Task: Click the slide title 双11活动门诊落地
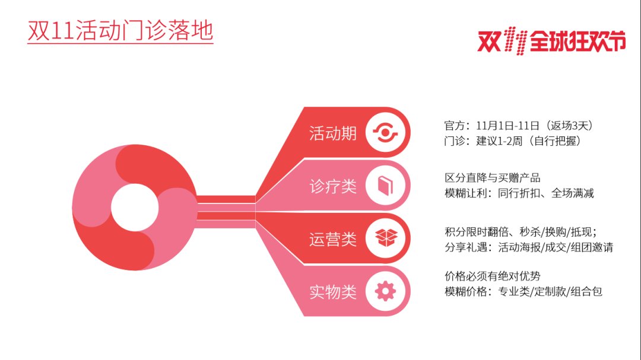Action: tap(120, 30)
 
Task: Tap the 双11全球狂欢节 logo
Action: tap(552, 42)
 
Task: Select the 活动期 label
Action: tap(333, 133)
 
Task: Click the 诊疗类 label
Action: tap(333, 186)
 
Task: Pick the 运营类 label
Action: tap(333, 239)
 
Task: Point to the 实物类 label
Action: tap(333, 292)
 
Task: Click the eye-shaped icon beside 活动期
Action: tap(385, 132)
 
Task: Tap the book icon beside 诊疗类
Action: tap(385, 185)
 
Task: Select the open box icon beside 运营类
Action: tap(386, 237)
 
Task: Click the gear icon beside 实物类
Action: tap(385, 291)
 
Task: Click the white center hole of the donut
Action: tap(135, 207)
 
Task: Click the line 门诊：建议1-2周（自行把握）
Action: tap(513, 141)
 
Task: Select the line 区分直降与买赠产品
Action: tap(493, 178)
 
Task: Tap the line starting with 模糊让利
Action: tap(519, 193)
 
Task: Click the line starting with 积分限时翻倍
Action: tap(521, 232)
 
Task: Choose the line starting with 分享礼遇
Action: tap(529, 247)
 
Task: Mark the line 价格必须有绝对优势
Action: tap(493, 276)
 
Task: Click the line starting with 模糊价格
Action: tap(523, 292)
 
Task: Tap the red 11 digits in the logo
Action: tap(516, 41)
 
